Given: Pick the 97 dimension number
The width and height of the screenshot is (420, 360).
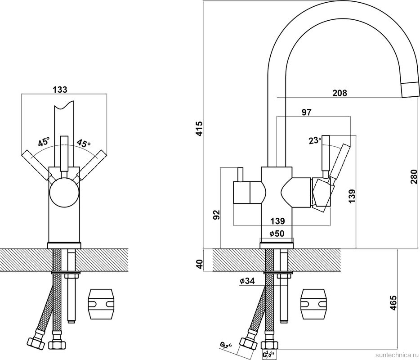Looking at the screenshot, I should click(x=307, y=112).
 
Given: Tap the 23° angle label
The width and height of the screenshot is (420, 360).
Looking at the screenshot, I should click(x=314, y=140).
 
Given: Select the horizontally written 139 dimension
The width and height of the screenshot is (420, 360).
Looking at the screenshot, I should click(x=277, y=221).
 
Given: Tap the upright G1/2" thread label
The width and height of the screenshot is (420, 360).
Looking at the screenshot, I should click(x=269, y=355).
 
